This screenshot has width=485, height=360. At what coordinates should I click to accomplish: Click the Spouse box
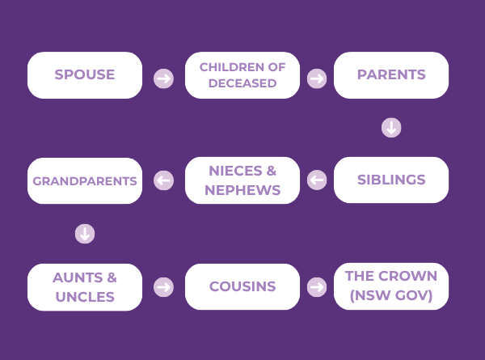pyautogui.click(x=85, y=75)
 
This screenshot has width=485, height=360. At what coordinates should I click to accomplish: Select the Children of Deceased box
pyautogui.click(x=242, y=75)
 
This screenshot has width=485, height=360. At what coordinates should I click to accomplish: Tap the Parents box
pyautogui.click(x=391, y=75)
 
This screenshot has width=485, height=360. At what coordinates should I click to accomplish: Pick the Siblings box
pyautogui.click(x=391, y=180)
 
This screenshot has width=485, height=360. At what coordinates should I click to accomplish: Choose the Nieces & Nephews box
pyautogui.click(x=242, y=180)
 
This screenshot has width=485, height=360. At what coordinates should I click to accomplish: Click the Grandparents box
pyautogui.click(x=85, y=180)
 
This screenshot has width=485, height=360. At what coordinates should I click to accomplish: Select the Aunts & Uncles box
pyautogui.click(x=85, y=287)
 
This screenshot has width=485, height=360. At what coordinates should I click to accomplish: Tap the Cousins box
pyautogui.click(x=242, y=286)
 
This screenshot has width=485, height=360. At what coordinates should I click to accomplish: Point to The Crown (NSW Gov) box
pyautogui.click(x=391, y=286)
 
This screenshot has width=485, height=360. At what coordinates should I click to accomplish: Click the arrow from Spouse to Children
pyautogui.click(x=163, y=78)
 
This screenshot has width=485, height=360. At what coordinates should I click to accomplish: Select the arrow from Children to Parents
pyautogui.click(x=317, y=78)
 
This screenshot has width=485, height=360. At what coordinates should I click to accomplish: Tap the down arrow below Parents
pyautogui.click(x=391, y=128)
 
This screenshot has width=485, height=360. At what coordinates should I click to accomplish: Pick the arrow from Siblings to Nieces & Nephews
pyautogui.click(x=317, y=180)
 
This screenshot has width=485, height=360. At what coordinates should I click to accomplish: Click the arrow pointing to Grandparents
pyautogui.click(x=163, y=180)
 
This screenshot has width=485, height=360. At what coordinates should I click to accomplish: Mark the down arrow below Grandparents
pyautogui.click(x=85, y=234)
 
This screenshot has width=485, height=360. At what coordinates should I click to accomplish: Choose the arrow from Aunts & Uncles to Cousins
pyautogui.click(x=163, y=287)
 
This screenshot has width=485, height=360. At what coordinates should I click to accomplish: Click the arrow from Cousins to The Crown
pyautogui.click(x=317, y=287)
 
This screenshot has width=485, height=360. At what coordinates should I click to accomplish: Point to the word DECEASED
pyautogui.click(x=242, y=83)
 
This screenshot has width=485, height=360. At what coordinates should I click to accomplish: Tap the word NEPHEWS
pyautogui.click(x=242, y=190)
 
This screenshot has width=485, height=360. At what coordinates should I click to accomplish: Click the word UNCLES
pyautogui.click(x=85, y=297)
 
